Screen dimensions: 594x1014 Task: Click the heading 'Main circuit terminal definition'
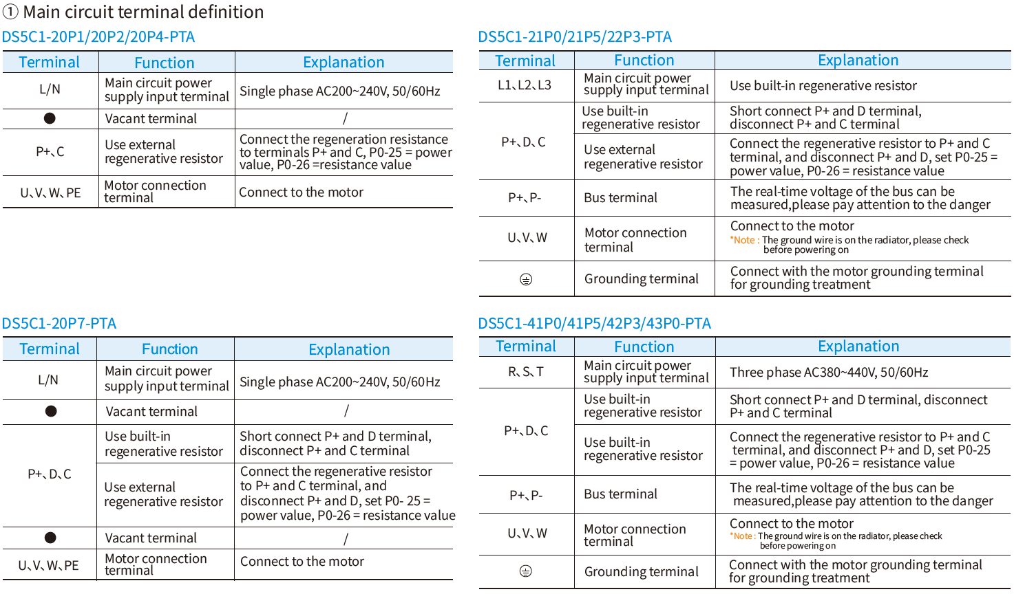[x=143, y=12]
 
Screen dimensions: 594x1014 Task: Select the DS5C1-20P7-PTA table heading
[x=59, y=323]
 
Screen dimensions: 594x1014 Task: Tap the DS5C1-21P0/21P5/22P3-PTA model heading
[x=575, y=36]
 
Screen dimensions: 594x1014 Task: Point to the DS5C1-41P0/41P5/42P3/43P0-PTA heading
[x=594, y=323]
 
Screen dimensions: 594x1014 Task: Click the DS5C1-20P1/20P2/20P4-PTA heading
[x=98, y=36]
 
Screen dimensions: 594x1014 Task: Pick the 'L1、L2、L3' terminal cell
[x=525, y=85]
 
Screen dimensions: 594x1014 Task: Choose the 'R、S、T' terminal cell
[x=526, y=372]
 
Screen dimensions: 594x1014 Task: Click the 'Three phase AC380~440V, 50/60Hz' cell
[x=829, y=373]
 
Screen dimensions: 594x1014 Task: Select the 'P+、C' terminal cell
[x=50, y=151]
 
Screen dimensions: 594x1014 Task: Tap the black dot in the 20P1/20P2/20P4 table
[x=50, y=118]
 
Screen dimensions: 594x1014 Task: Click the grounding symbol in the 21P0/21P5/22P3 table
[x=526, y=279]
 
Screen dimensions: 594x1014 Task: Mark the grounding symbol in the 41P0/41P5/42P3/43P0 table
[x=525, y=571]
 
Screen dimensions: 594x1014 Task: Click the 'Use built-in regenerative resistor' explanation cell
[x=823, y=86]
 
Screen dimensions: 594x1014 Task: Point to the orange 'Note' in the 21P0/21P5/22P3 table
[x=743, y=240]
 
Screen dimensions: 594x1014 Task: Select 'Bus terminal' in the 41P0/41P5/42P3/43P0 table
[x=620, y=494]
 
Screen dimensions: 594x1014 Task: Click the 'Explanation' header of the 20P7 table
[x=349, y=349]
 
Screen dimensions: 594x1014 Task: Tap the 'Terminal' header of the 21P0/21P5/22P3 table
[x=525, y=60]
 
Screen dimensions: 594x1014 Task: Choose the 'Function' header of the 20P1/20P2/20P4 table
[x=165, y=63]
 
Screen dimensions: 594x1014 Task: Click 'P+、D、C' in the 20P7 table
[x=50, y=474]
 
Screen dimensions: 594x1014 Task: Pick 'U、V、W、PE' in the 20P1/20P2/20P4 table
[x=50, y=192]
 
